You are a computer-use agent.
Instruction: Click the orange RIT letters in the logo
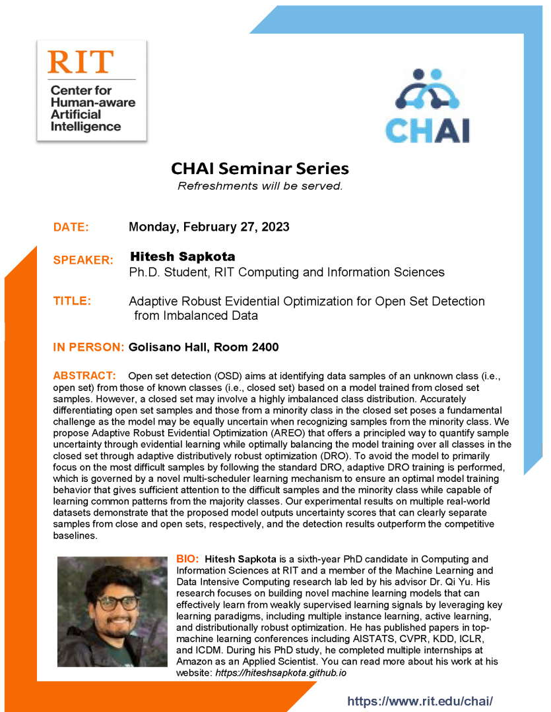tap(81, 61)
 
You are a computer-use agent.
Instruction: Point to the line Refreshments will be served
tap(260, 186)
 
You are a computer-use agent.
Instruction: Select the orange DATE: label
tap(71, 227)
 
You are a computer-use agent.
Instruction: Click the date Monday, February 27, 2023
tap(209, 227)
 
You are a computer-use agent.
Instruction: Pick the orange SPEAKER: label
tap(83, 260)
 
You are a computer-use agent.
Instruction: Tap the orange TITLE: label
tap(72, 301)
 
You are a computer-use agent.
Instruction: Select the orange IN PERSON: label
tap(88, 347)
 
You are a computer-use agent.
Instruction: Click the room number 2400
tap(264, 347)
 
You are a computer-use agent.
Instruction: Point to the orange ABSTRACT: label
tap(84, 376)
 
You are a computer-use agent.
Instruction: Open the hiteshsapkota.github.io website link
tap(281, 672)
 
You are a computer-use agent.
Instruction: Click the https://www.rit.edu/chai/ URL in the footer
tap(420, 701)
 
